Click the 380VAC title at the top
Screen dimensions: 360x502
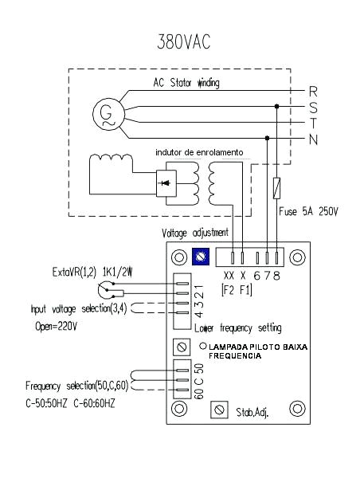coord(184,41)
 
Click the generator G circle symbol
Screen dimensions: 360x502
coord(108,114)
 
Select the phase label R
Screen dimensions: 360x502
coord(313,92)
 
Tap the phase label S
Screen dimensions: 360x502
coord(313,108)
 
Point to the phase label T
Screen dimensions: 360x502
coord(313,124)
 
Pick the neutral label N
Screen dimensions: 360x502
coord(313,139)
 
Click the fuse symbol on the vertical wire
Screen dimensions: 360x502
coord(277,188)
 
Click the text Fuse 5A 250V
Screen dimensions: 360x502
coord(308,212)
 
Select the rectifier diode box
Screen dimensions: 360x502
coord(166,183)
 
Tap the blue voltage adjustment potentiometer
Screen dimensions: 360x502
coord(201,257)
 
